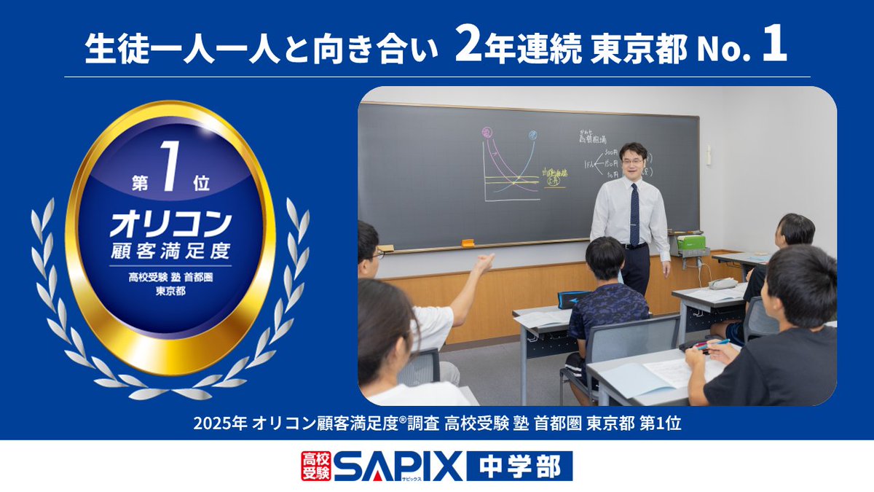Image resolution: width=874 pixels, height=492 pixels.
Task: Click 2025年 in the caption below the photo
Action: [221, 424]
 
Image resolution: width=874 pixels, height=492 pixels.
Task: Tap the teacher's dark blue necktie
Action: [634, 214]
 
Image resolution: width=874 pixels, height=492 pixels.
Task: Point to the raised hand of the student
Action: [483, 262]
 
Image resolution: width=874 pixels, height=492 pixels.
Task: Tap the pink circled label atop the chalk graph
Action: [487, 133]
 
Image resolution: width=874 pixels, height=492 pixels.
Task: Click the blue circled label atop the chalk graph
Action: [532, 134]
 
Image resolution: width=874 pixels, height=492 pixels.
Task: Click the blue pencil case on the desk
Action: [573, 299]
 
